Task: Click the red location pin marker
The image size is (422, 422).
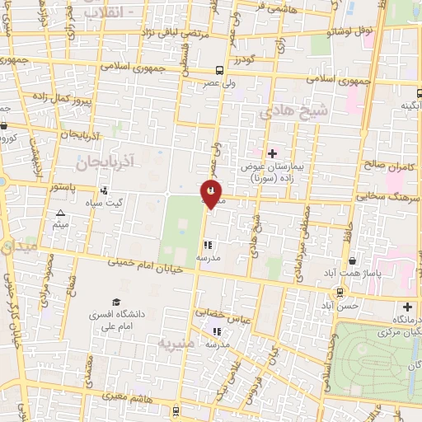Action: click(211, 194)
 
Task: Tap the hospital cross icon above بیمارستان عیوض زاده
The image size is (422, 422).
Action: click(272, 152)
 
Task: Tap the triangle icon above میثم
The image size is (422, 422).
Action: click(59, 213)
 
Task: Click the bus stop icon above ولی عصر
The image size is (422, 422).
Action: click(219, 70)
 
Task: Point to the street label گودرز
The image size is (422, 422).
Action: click(246, 59)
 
